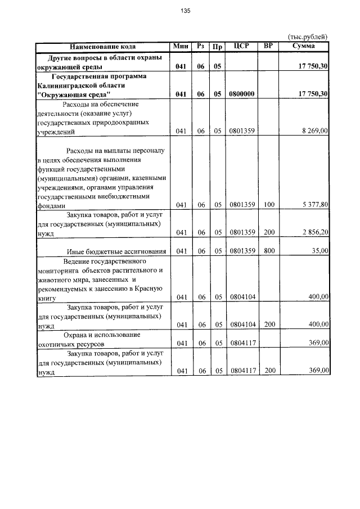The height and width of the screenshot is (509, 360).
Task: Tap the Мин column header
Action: [181, 47]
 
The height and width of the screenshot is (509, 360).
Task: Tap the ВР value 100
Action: [268, 205]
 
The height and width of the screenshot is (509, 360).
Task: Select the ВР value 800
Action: [268, 251]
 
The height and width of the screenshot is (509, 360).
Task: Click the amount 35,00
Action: [319, 251]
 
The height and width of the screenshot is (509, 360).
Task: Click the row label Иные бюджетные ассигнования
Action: [116, 251]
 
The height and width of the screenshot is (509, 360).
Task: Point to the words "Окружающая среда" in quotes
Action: [74, 94]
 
